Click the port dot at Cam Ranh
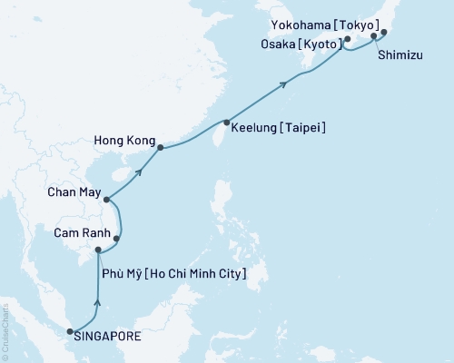(116, 239)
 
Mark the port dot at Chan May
(106, 200)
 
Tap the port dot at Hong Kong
(160, 147)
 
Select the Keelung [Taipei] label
(278, 128)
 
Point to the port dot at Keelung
(226, 123)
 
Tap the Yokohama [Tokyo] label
(327, 25)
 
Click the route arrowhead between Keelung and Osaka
(286, 84)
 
